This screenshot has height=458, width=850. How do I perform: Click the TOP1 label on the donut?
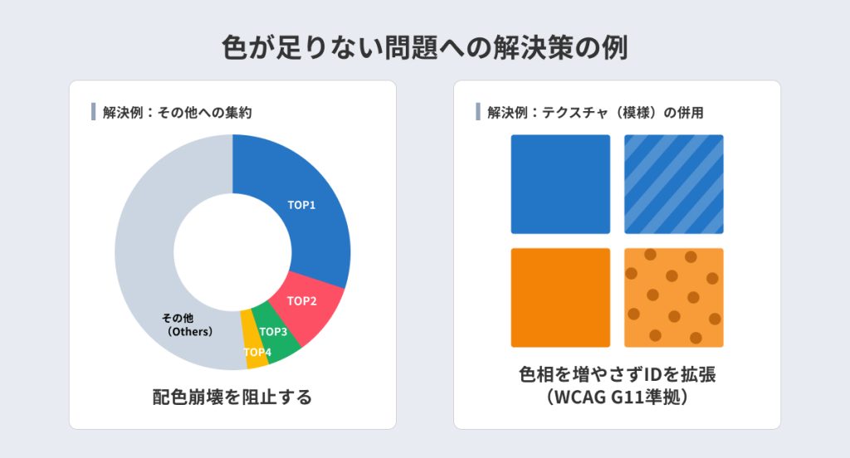tap(301, 205)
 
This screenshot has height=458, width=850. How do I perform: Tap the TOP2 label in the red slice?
tap(302, 301)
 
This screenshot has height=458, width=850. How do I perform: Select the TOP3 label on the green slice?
tap(273, 332)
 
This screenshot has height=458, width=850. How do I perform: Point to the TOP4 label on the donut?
tap(257, 353)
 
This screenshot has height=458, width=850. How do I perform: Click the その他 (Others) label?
tap(188, 324)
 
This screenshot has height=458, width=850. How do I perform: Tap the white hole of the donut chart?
tap(232, 252)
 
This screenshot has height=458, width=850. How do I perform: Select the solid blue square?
tap(560, 184)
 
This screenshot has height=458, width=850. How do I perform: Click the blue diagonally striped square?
tap(674, 184)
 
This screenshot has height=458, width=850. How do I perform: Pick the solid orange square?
tap(560, 298)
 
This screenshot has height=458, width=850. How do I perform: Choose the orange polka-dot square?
tap(674, 298)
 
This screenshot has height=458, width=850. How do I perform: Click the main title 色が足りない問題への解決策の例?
tap(425, 47)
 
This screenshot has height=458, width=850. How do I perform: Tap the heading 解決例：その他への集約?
tap(178, 113)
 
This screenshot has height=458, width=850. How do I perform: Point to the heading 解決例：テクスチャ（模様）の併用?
tap(595, 113)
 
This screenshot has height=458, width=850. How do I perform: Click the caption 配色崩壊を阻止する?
tap(232, 397)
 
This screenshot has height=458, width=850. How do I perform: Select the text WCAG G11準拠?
tap(617, 397)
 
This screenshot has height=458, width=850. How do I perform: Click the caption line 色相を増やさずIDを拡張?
tap(617, 374)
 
